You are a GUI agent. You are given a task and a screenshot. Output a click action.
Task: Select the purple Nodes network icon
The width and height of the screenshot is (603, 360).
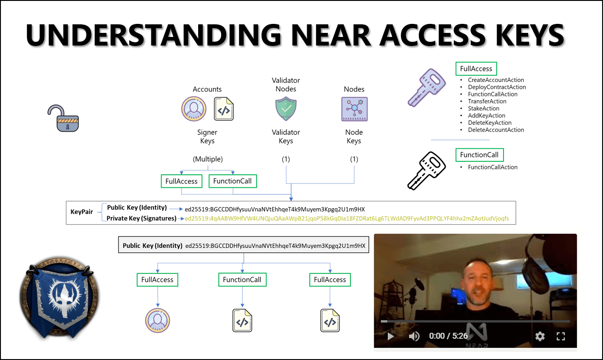pyautogui.click(x=354, y=109)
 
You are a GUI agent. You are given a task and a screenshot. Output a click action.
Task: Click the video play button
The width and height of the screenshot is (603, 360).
pyautogui.click(x=390, y=336)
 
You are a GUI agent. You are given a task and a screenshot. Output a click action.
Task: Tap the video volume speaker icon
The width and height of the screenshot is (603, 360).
pyautogui.click(x=414, y=336)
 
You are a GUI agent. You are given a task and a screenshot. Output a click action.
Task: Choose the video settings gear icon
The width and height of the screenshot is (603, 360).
pyautogui.click(x=540, y=336)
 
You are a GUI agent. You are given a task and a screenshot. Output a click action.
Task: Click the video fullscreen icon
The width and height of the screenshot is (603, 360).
pyautogui.click(x=561, y=336)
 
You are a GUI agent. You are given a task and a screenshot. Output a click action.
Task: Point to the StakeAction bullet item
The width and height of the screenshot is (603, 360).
pyautogui.click(x=483, y=109)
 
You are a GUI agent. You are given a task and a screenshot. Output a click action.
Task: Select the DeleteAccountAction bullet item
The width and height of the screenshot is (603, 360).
pyautogui.click(x=496, y=130)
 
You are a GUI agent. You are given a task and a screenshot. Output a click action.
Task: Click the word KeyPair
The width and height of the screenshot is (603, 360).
pyautogui.click(x=82, y=212)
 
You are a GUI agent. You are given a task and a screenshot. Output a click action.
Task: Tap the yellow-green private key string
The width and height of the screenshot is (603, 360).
pyautogui.click(x=347, y=219)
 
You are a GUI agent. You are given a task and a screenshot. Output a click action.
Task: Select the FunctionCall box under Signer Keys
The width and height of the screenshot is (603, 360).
pyautogui.click(x=233, y=181)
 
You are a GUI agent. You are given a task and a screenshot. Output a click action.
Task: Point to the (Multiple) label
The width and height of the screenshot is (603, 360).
pyautogui.click(x=208, y=159)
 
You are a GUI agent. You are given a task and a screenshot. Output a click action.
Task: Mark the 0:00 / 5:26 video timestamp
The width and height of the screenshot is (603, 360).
pyautogui.click(x=448, y=336)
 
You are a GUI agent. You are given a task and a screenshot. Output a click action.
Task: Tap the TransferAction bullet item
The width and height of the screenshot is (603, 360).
pyautogui.click(x=487, y=101)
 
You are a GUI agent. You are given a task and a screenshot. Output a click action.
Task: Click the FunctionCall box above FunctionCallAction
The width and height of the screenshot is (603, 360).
pyautogui.click(x=479, y=155)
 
